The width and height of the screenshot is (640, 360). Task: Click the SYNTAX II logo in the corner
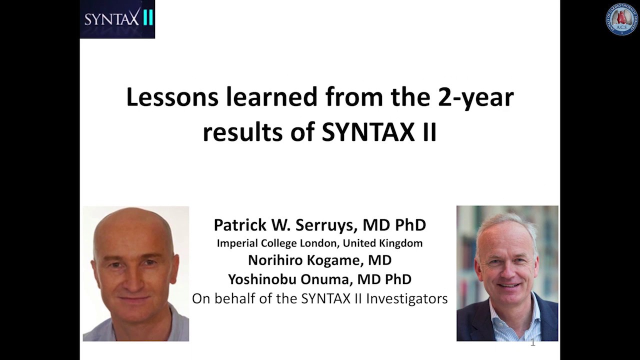(x=117, y=19)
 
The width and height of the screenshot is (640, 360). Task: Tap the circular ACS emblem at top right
(x=622, y=19)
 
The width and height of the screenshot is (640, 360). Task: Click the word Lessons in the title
(x=172, y=97)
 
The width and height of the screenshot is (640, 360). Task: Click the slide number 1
(x=533, y=343)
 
